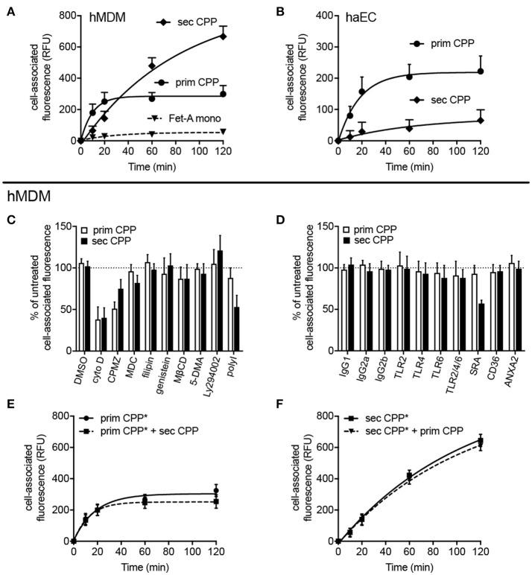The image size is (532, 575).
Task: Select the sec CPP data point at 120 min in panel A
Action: (x=222, y=36)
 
